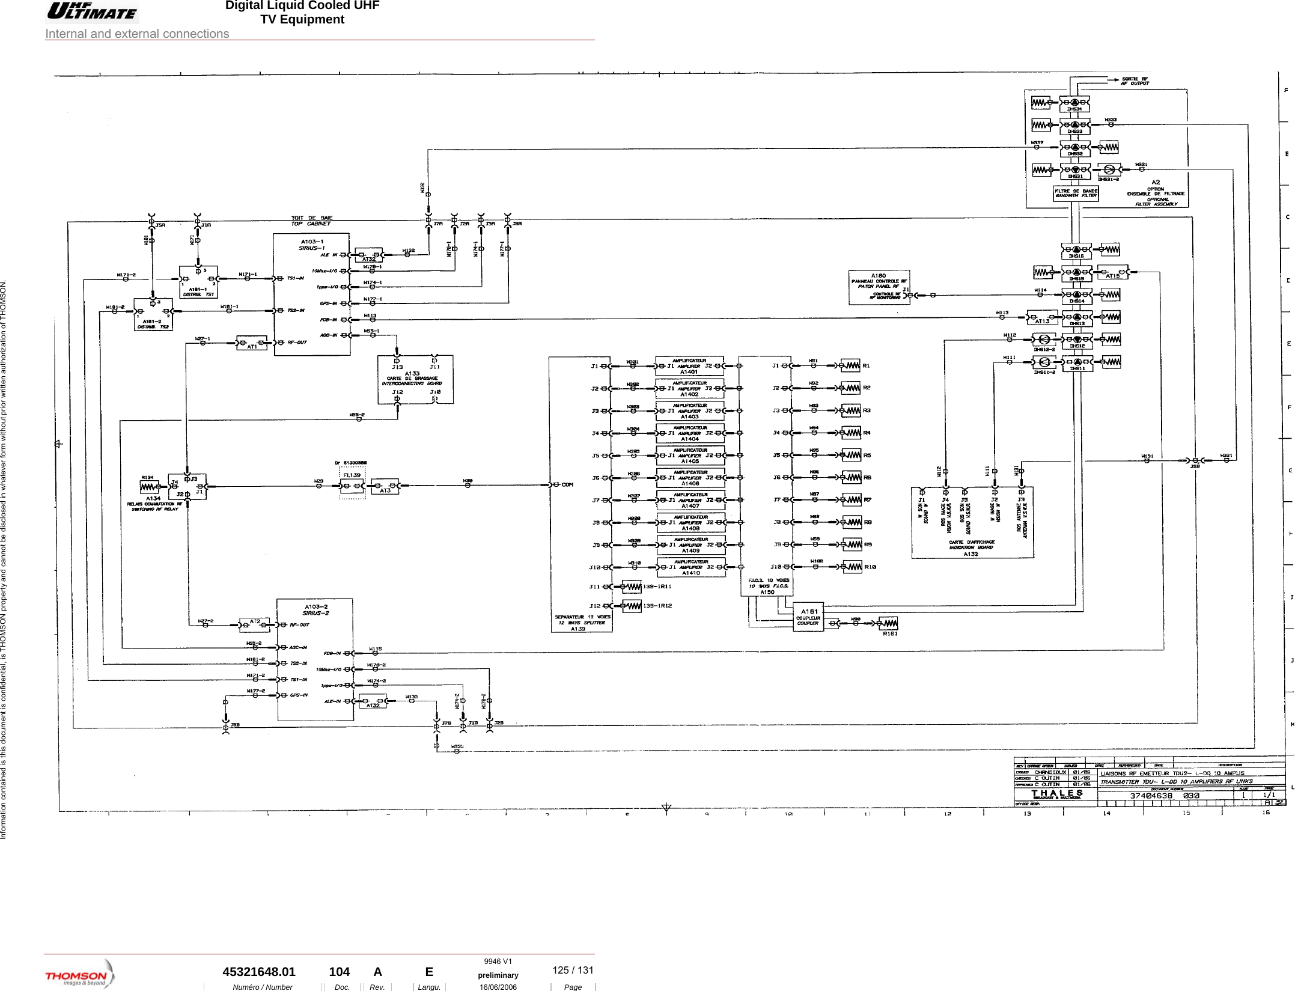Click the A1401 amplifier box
coord(689,366)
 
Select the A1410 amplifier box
coord(689,567)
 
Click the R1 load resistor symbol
coord(850,365)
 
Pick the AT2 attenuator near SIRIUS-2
coord(255,624)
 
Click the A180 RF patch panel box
coord(879,287)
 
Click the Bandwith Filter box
coord(1076,194)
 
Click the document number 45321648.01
coord(259,972)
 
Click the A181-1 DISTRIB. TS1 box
coord(198,282)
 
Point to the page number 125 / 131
coord(573,970)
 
